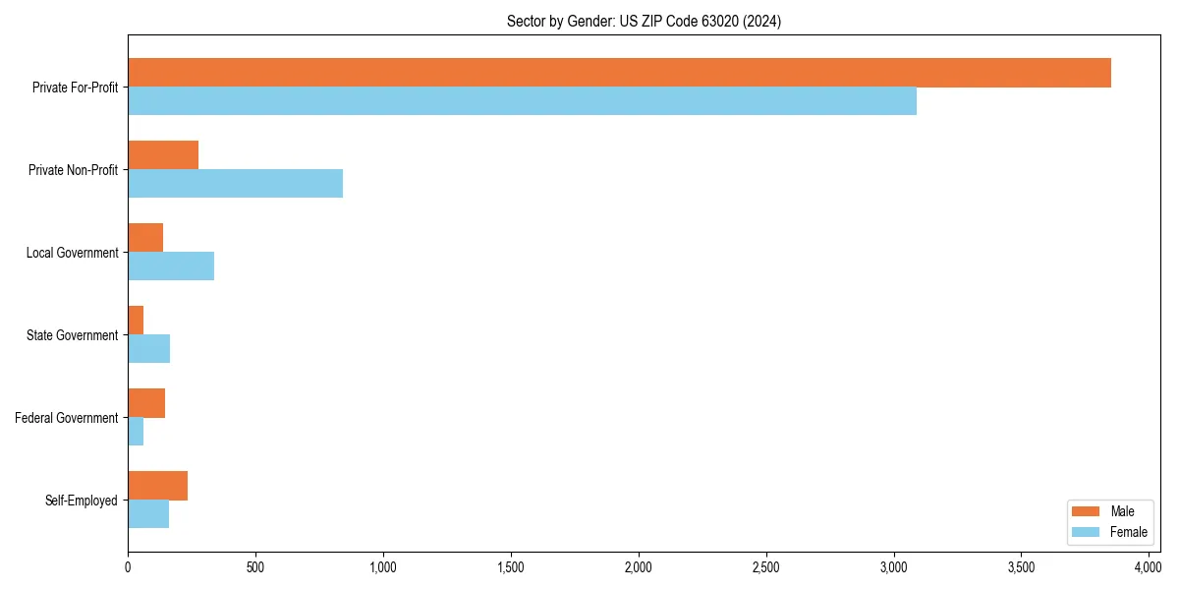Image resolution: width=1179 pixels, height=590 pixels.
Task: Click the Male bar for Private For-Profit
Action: pyautogui.click(x=619, y=73)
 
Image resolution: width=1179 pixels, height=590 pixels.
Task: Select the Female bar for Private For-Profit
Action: pyautogui.click(x=522, y=101)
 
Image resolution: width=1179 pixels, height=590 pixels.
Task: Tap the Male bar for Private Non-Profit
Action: pyautogui.click(x=163, y=155)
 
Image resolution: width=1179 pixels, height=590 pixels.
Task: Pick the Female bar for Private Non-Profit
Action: pyautogui.click(x=235, y=184)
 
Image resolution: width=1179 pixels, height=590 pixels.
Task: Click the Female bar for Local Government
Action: pyautogui.click(x=171, y=266)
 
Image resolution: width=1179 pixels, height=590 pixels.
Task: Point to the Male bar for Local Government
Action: pyautogui.click(x=145, y=238)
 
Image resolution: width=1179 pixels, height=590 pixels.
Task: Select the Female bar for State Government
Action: pyautogui.click(x=148, y=349)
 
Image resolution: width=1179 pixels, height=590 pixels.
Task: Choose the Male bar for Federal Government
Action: pyautogui.click(x=146, y=403)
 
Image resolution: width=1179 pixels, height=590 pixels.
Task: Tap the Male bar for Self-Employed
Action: pyautogui.click(x=157, y=486)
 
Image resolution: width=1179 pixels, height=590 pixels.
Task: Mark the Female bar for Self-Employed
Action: pyautogui.click(x=148, y=514)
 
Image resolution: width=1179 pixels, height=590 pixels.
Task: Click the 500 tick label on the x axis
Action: pyautogui.click(x=255, y=567)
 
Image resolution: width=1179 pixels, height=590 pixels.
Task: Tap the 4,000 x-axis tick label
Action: pyautogui.click(x=1149, y=567)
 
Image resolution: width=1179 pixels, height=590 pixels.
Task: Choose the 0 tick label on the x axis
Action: pyautogui.click(x=128, y=567)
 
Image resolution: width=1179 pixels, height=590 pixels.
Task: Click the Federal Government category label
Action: pyautogui.click(x=67, y=418)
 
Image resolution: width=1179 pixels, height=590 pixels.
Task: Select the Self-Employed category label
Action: pyautogui.click(x=82, y=501)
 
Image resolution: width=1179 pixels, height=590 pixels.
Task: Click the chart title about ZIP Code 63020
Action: pyautogui.click(x=644, y=21)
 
